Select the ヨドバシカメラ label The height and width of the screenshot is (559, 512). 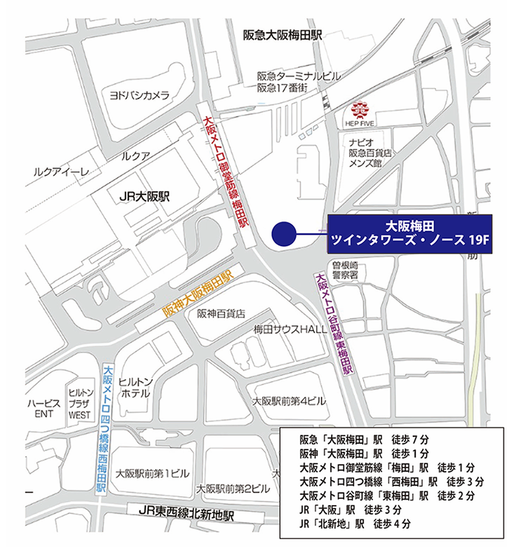click(x=139, y=96)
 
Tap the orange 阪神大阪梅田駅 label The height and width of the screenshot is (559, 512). click(x=198, y=293)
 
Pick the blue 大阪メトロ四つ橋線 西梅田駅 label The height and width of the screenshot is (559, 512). click(x=104, y=430)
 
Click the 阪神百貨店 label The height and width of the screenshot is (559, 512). click(x=221, y=313)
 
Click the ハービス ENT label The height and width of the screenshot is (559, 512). click(x=44, y=408)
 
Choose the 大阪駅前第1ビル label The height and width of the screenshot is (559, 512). click(x=152, y=472)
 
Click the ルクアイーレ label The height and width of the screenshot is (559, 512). click(x=61, y=173)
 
